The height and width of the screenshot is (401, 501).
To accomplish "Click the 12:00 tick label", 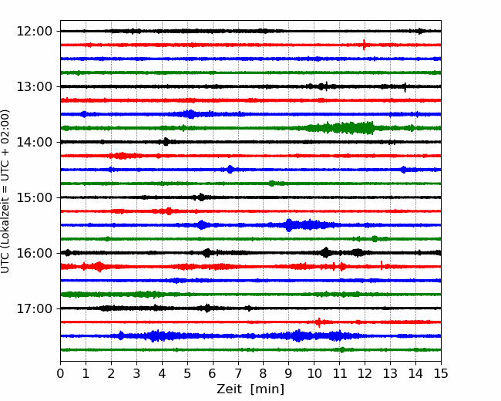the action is tap(34, 32).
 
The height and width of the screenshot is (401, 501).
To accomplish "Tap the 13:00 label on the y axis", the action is tap(34, 86).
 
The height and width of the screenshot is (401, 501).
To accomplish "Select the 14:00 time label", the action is tap(34, 142).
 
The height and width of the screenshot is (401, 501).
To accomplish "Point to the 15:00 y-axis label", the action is tap(34, 197).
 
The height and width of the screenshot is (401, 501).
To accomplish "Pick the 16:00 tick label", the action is tap(34, 253).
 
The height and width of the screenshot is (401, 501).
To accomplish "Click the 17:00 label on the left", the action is tap(34, 308).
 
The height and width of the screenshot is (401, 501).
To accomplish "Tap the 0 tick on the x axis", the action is tap(60, 373).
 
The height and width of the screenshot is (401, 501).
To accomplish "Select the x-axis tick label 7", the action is tap(238, 373).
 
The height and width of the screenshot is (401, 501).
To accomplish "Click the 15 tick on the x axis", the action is tap(441, 373).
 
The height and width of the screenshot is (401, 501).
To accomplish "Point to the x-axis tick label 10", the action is tap(314, 373).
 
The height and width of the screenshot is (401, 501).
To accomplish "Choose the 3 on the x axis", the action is tap(136, 373).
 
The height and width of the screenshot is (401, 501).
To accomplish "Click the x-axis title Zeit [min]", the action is tap(250, 389).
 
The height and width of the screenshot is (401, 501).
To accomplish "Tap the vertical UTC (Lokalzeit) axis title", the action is tap(5, 191).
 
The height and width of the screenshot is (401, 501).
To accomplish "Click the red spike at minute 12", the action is tap(364, 45).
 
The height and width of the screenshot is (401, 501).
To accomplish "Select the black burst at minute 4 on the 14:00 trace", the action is tap(166, 142).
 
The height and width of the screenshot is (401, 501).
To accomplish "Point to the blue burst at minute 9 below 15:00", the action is tap(289, 225).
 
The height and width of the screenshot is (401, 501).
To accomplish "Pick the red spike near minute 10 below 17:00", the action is tap(318, 322).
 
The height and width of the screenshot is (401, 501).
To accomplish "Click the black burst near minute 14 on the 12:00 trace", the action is tap(420, 31).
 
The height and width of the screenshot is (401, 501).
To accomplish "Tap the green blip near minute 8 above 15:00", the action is tap(271, 184).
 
